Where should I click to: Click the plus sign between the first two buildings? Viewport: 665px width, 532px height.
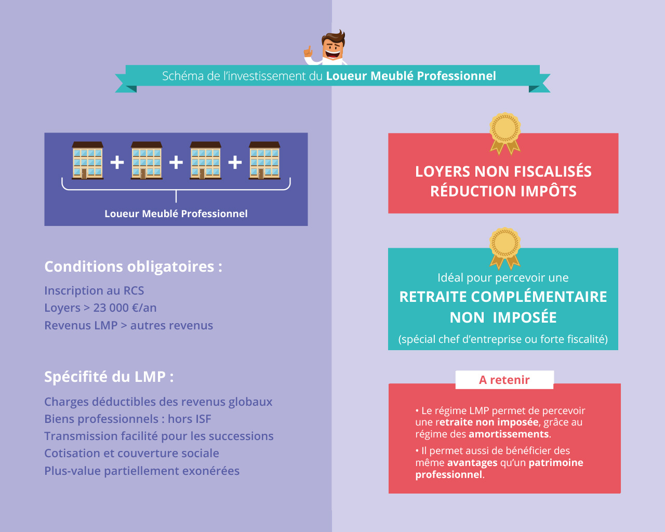(x=117, y=162)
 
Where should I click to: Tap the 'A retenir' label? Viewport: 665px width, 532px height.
(x=504, y=380)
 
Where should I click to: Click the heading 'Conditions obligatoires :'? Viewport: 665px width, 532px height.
(x=133, y=267)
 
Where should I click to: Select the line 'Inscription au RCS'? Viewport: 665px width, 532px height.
(x=94, y=290)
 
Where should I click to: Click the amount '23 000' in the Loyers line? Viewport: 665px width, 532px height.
(x=111, y=308)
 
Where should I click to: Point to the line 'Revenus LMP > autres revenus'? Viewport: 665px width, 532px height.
(x=128, y=325)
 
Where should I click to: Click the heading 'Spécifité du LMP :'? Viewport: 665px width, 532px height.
(x=109, y=377)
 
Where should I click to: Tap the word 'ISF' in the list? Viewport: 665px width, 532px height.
(x=204, y=419)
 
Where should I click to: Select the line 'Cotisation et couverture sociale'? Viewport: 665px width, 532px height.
(x=131, y=453)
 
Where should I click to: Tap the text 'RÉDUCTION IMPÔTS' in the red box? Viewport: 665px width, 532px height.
(x=503, y=191)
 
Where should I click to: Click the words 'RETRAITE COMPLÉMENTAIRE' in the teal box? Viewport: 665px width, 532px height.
(x=503, y=297)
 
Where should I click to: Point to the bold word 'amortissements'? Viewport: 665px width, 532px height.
(x=508, y=434)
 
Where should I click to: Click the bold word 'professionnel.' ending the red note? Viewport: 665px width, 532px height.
(x=449, y=474)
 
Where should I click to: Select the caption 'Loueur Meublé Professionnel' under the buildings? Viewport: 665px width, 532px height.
(x=176, y=214)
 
